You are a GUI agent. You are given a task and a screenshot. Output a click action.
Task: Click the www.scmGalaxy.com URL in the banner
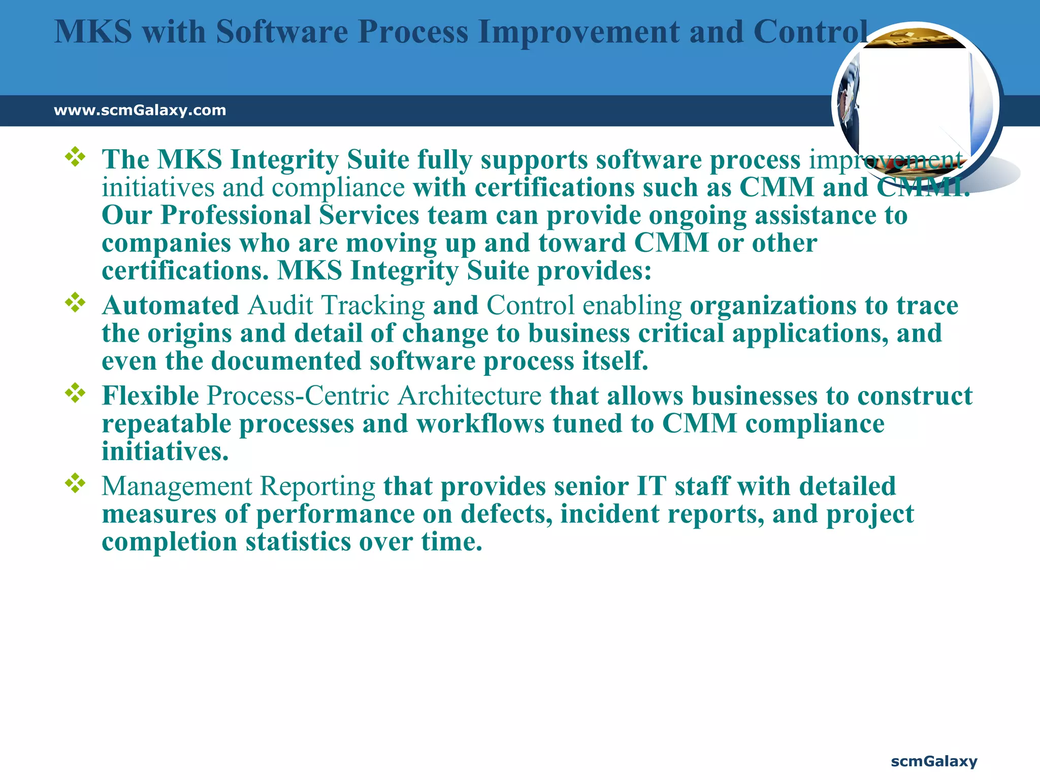(140, 110)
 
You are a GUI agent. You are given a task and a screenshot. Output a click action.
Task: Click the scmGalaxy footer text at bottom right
(934, 761)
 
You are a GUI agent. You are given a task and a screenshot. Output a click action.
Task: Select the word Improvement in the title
(579, 31)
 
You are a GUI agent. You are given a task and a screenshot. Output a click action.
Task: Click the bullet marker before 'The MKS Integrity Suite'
(75, 157)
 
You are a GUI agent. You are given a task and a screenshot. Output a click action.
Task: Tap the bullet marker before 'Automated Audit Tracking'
(75, 303)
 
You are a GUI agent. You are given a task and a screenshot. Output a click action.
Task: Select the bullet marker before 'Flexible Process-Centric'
(75, 393)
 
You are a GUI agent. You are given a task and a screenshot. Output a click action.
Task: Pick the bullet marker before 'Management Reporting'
(75, 483)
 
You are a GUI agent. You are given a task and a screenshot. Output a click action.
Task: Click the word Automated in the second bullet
(171, 306)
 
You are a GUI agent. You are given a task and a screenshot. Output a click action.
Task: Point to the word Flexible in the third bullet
(150, 396)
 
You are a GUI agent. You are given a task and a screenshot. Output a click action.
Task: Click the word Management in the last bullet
(177, 486)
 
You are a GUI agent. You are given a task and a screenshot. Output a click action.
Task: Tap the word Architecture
(470, 396)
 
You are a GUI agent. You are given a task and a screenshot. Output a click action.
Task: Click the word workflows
(480, 424)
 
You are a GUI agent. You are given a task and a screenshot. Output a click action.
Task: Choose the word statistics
(298, 542)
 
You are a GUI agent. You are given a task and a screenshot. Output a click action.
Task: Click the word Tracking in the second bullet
(373, 306)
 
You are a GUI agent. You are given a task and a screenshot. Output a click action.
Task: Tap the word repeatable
(167, 424)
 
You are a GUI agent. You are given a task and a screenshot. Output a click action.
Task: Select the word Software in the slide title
(282, 31)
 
